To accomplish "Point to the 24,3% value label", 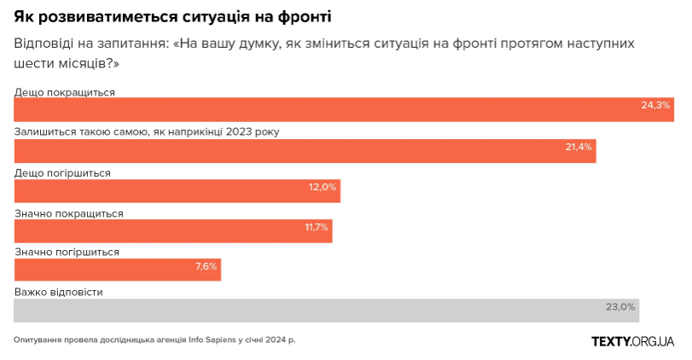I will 655,106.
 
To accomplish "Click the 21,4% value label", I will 579,147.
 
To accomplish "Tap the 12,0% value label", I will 323,187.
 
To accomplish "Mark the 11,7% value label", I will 316,227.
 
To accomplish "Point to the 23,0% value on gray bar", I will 620,306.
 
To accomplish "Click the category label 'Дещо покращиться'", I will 64,91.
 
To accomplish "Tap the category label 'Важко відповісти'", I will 59,292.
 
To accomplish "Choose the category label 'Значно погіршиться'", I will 67,252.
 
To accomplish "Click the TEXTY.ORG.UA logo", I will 633,341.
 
